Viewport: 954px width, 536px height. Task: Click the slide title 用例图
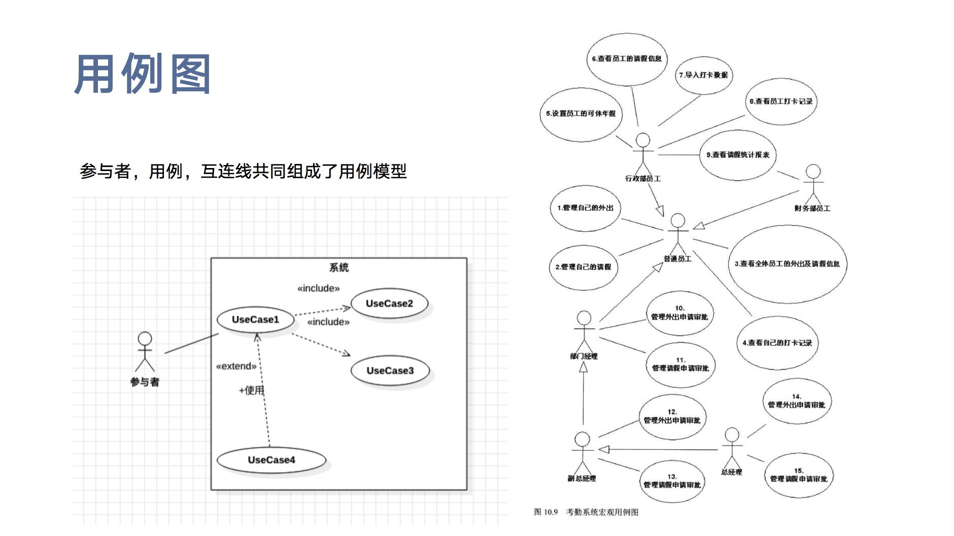[143, 74]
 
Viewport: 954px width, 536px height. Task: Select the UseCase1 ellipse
[256, 319]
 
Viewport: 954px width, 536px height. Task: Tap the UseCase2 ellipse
[389, 304]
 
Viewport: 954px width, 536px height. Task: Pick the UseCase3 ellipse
[390, 371]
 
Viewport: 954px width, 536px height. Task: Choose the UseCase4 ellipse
[271, 460]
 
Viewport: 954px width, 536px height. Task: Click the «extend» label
[236, 366]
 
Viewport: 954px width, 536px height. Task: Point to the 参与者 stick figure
[145, 352]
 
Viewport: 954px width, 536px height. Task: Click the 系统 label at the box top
[339, 267]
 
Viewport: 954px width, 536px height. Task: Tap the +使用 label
[251, 390]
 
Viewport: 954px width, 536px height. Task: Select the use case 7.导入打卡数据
[704, 75]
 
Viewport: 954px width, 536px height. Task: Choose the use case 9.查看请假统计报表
[738, 155]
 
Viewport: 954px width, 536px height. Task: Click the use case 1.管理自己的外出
[585, 208]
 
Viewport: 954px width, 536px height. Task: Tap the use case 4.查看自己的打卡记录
[777, 343]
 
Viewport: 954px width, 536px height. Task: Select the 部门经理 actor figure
[584, 331]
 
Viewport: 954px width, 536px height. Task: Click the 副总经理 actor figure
[582, 453]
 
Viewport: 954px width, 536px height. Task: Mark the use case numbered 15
[799, 475]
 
